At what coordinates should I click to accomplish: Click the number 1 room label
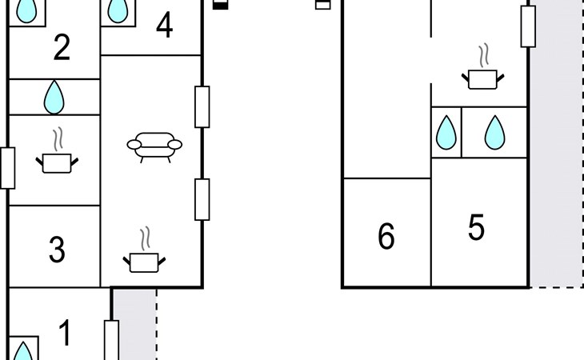tap(66, 332)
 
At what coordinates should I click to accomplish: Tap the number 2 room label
tap(62, 49)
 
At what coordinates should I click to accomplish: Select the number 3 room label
tap(56, 250)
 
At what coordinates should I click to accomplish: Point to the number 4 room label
tap(165, 26)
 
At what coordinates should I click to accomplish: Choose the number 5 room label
tap(477, 228)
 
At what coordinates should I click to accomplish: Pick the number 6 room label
tap(386, 237)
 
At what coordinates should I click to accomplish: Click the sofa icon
tap(154, 146)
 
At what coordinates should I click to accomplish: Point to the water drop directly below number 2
tap(54, 97)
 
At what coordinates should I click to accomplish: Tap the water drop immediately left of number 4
tap(118, 10)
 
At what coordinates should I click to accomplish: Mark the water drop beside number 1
tap(24, 352)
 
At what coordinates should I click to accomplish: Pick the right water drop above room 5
tap(495, 133)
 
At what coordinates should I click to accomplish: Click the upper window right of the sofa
tap(202, 106)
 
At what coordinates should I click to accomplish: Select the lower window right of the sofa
tap(202, 199)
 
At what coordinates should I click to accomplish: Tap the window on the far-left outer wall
tap(7, 168)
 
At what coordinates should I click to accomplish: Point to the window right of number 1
tap(111, 340)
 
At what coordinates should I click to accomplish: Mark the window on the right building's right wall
tap(527, 26)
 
